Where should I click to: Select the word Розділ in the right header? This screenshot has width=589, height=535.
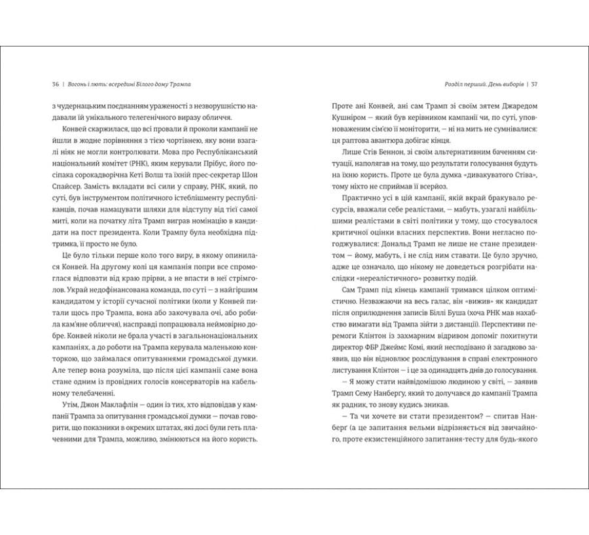pyautogui.click(x=436, y=84)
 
